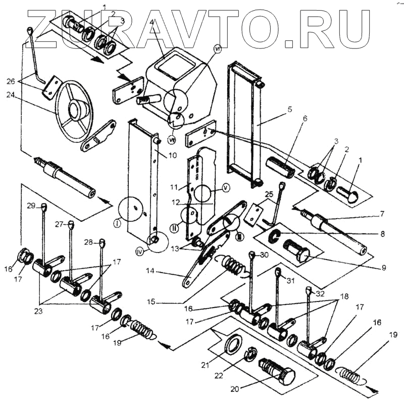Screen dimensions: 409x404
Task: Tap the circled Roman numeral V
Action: pos(225,186)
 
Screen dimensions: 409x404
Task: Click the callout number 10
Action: pos(172,155)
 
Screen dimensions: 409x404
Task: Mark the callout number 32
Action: pos(320,292)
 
